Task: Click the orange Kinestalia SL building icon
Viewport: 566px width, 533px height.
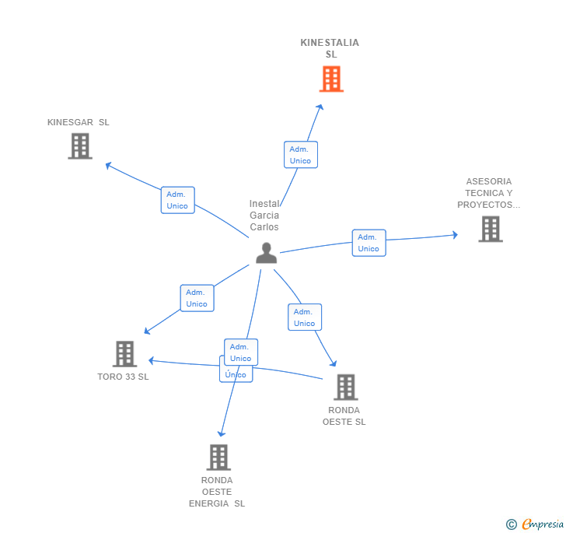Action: pyautogui.click(x=331, y=79)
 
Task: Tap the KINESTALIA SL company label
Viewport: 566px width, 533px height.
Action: pyautogui.click(x=330, y=48)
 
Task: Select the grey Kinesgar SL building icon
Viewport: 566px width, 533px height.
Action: pyautogui.click(x=80, y=146)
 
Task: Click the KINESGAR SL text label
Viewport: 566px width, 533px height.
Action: pyautogui.click(x=78, y=122)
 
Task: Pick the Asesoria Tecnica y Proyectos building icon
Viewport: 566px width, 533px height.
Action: pyautogui.click(x=490, y=229)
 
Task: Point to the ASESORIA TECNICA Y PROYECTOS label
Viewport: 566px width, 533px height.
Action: pyautogui.click(x=488, y=193)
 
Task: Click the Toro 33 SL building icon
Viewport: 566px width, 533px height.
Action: pyautogui.click(x=124, y=354)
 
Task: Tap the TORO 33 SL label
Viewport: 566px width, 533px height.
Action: pyautogui.click(x=123, y=377)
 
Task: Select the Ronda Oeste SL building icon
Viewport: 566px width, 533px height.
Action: pyautogui.click(x=345, y=387)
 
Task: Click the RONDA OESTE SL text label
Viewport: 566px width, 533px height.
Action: pyautogui.click(x=344, y=416)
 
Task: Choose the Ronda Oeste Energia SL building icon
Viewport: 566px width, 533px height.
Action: pyautogui.click(x=218, y=457)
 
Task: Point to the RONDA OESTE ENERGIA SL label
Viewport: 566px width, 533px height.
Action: pyautogui.click(x=217, y=492)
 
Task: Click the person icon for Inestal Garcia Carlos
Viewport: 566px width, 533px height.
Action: pyautogui.click(x=266, y=253)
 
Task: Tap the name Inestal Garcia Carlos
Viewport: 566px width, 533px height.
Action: pyautogui.click(x=264, y=216)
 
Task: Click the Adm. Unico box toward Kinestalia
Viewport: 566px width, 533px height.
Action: pyautogui.click(x=300, y=155)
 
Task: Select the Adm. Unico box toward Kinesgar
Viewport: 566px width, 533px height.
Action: pyautogui.click(x=177, y=200)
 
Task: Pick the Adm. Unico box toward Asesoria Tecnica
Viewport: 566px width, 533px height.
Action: pyautogui.click(x=369, y=243)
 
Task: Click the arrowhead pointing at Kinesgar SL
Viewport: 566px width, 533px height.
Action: pyautogui.click(x=108, y=164)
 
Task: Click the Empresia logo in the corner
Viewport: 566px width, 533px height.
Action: pyautogui.click(x=535, y=524)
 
